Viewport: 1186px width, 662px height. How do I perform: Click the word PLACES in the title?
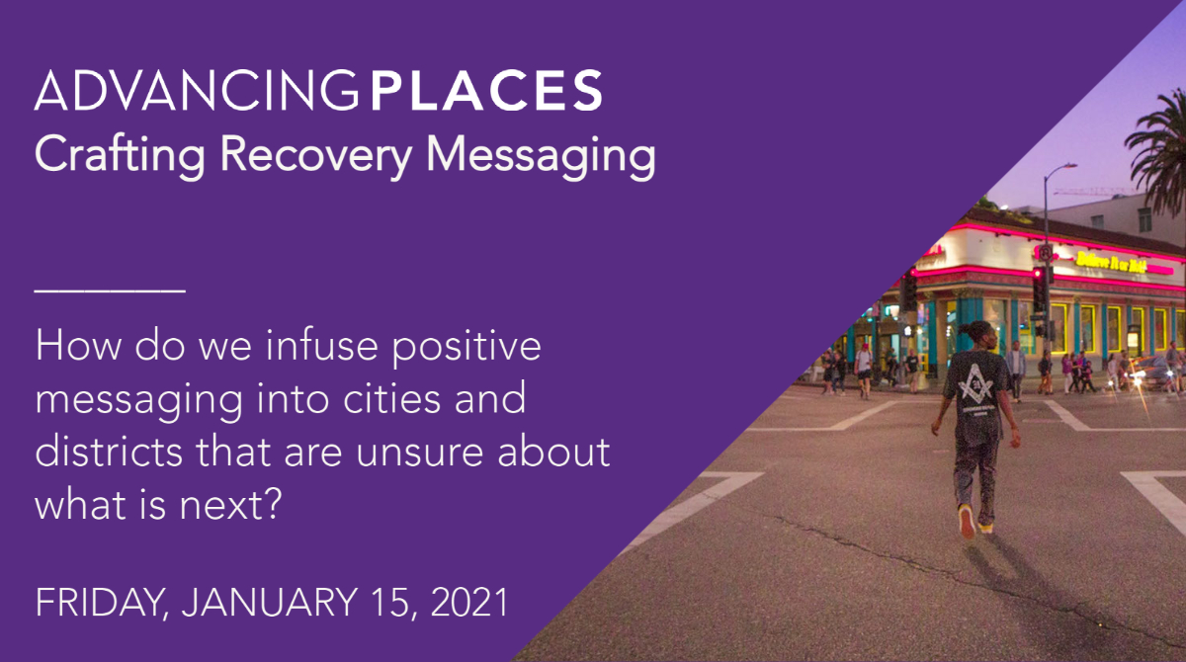tap(486, 92)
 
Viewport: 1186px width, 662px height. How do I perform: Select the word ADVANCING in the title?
tap(198, 92)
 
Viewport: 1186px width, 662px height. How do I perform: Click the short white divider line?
tap(110, 290)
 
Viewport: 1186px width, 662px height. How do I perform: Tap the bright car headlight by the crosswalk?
tap(1146, 382)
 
